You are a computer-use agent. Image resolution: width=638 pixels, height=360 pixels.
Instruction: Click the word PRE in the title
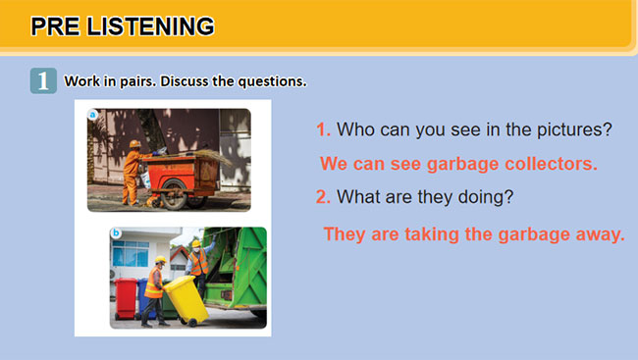click(57, 26)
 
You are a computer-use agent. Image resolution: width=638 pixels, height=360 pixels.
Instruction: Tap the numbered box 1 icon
click(43, 81)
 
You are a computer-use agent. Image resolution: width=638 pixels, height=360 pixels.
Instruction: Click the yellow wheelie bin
click(186, 299)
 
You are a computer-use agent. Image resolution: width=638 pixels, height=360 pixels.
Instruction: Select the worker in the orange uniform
click(132, 172)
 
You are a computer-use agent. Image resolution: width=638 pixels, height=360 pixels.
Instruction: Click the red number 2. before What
click(323, 197)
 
